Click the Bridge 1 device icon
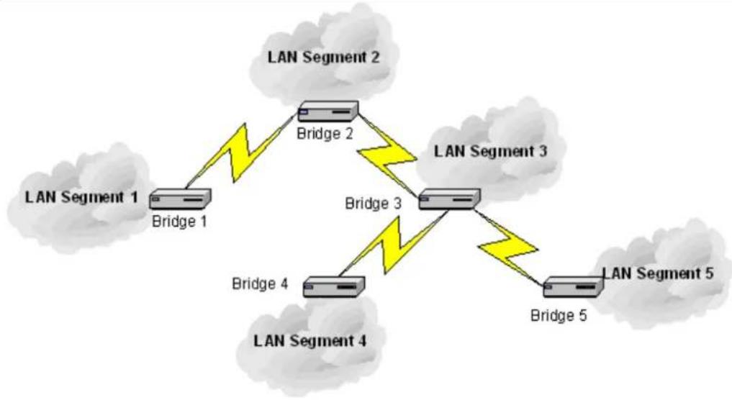point(180,199)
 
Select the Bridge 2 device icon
point(328,111)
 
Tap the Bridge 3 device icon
point(449,199)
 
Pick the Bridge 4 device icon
point(334,286)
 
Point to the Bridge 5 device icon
point(574,286)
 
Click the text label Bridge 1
point(179,222)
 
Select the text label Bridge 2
point(325,134)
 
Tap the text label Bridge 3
point(373,204)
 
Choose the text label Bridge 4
point(260,283)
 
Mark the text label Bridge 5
point(559,316)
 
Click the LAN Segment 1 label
point(82,197)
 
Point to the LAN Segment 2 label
point(323,58)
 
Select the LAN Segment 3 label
point(491,151)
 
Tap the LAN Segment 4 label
point(310,341)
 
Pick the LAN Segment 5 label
point(659,273)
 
